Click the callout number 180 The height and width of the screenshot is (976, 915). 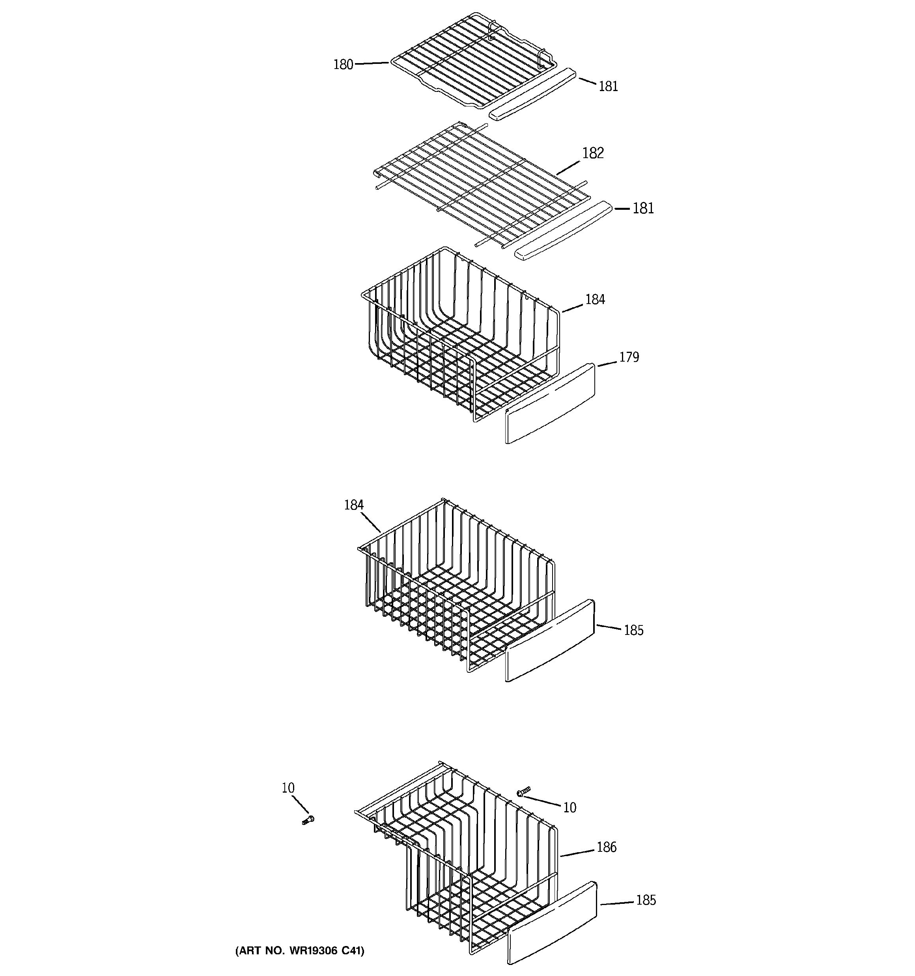343,65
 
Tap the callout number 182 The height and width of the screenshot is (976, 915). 592,153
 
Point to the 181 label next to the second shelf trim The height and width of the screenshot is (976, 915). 642,209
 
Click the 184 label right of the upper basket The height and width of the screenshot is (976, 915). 594,299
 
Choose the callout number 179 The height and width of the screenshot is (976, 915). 628,357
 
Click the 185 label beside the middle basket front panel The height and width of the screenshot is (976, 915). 633,631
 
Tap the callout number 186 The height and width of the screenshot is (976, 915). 606,847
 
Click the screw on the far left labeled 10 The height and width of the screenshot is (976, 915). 308,820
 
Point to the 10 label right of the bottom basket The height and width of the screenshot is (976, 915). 569,808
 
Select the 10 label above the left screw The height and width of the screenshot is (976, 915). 288,788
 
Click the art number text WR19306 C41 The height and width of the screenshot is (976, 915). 300,951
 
